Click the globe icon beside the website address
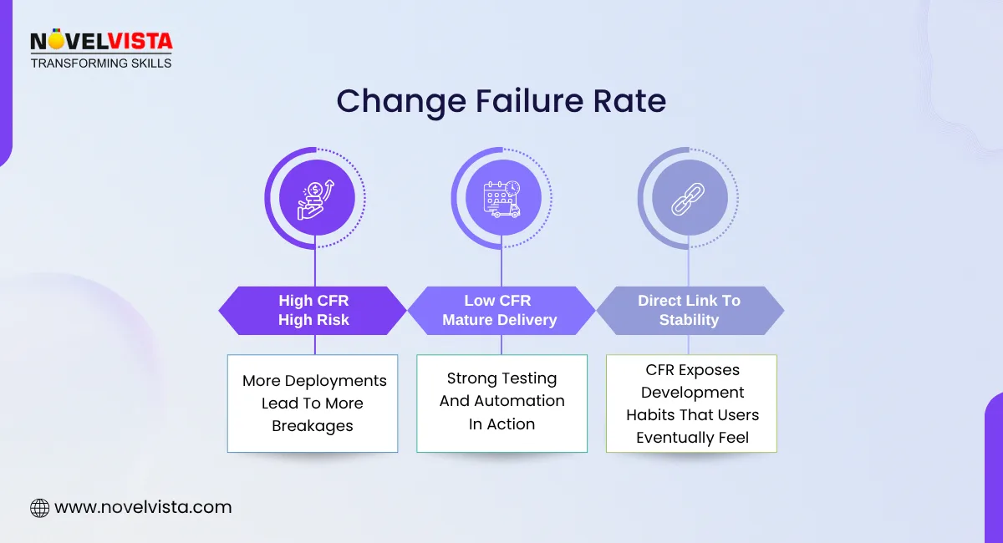click(x=39, y=507)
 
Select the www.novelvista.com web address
click(x=142, y=507)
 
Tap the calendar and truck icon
click(x=501, y=198)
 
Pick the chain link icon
click(x=689, y=198)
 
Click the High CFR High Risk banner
click(x=313, y=310)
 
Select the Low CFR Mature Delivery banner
click(x=500, y=310)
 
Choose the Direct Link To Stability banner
click(x=689, y=310)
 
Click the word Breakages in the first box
click(x=313, y=426)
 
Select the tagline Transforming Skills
click(x=101, y=63)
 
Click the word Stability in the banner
click(x=689, y=320)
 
